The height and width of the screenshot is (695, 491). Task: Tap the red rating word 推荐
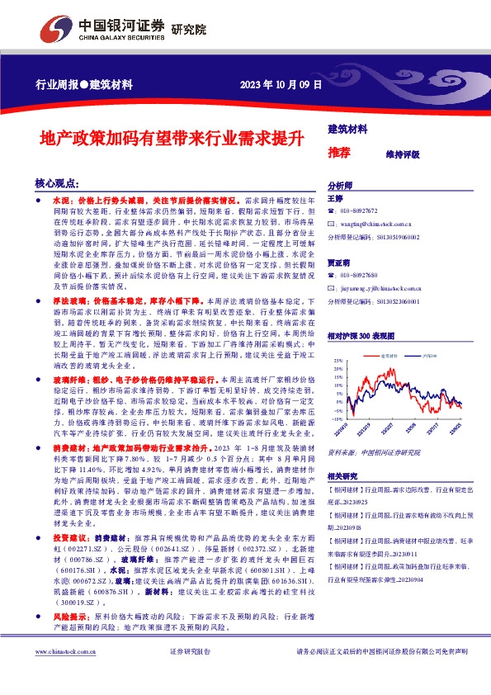tap(339, 153)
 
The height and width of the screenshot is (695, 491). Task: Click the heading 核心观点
tap(57, 183)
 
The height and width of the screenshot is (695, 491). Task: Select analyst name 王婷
tap(335, 199)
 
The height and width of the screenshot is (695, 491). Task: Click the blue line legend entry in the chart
tap(425, 356)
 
